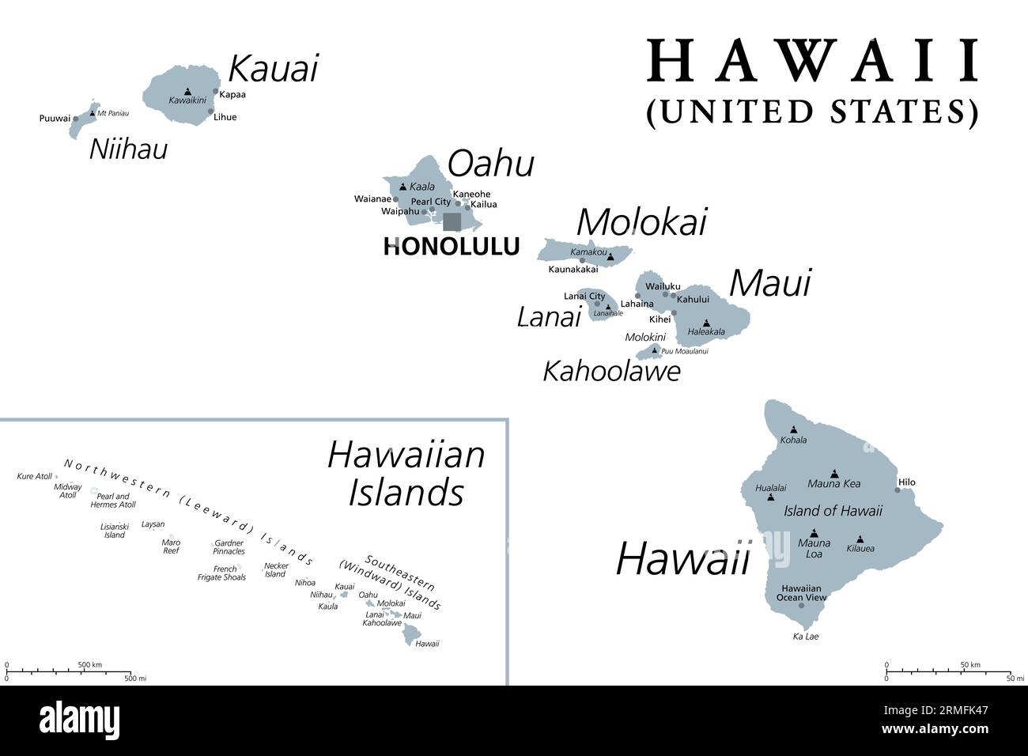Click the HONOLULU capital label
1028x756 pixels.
(452, 247)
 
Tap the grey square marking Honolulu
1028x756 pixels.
(452, 221)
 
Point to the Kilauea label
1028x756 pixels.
(860, 548)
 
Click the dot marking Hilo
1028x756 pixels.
(897, 490)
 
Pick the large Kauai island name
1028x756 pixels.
(273, 69)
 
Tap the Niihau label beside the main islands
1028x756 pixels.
(128, 149)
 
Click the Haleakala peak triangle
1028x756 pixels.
(706, 323)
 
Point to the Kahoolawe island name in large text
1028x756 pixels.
(611, 371)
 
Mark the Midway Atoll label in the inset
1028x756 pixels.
(67, 490)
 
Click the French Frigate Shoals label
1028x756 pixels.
(221, 573)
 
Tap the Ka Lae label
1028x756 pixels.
(806, 637)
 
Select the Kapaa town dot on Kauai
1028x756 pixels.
(215, 92)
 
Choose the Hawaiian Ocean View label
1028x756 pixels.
(801, 593)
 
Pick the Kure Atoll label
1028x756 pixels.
(34, 477)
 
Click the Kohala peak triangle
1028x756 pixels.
(793, 430)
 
